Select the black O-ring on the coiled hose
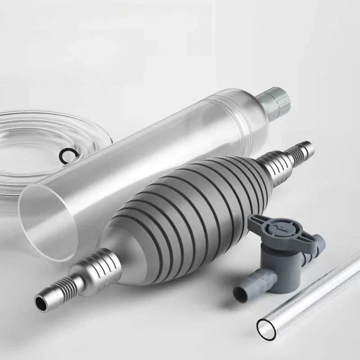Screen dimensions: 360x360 [68, 154]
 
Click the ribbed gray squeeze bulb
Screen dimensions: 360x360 [180, 202]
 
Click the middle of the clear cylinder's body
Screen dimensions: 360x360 [148, 148]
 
